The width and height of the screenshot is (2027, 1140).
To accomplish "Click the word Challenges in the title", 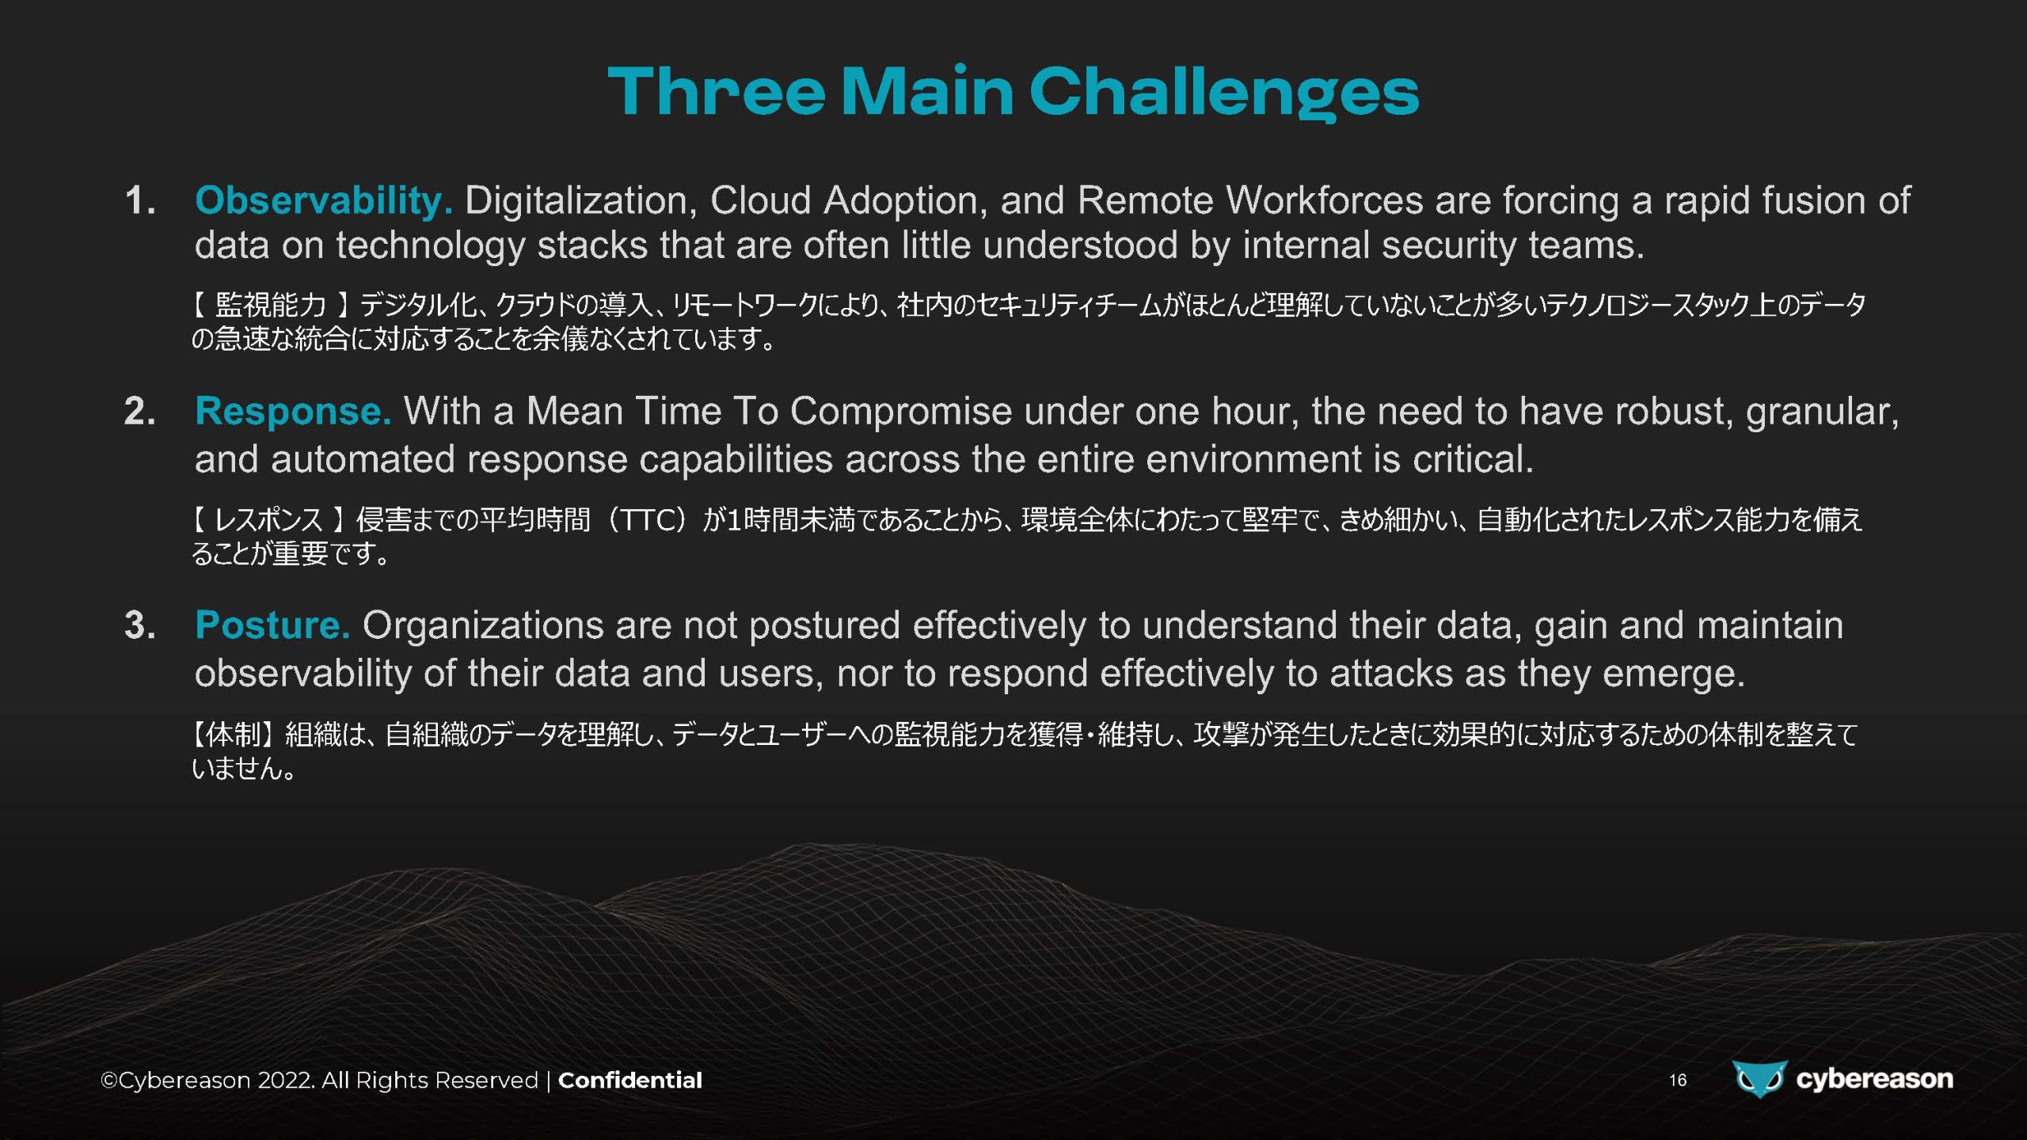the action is [1224, 93].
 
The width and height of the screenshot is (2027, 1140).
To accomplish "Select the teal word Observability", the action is [324, 201].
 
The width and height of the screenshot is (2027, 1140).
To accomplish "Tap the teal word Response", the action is [293, 412].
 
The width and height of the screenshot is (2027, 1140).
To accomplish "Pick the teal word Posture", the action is [272, 625].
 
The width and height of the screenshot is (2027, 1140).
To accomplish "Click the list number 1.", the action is [140, 200].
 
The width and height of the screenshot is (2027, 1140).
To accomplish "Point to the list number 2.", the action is [140, 412].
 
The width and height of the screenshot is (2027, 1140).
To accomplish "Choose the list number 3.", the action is [140, 625].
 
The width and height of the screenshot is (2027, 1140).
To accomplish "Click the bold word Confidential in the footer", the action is [630, 1081].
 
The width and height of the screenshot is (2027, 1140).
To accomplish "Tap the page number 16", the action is [1678, 1081].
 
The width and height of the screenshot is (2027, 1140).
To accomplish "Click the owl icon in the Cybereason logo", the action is [1759, 1078].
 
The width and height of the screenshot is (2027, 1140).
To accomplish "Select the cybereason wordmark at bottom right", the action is [1874, 1079].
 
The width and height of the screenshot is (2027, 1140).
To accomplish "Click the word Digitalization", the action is [581, 201].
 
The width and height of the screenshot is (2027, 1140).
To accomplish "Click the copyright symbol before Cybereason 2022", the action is [109, 1081].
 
